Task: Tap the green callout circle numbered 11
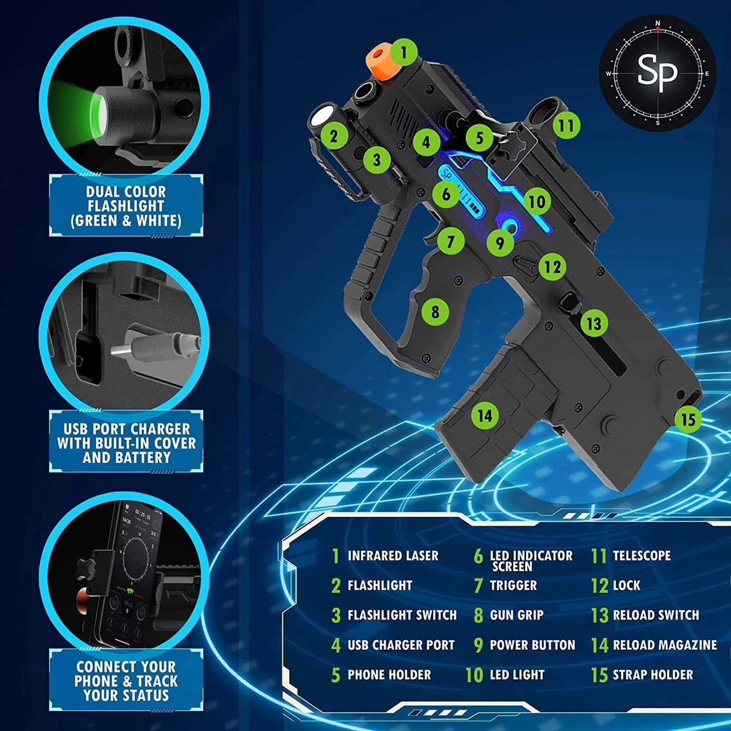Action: click(x=567, y=126)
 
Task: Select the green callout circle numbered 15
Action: click(x=688, y=420)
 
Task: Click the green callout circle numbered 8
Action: click(x=435, y=312)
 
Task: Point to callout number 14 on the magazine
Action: click(x=485, y=415)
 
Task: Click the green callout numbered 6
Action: click(x=446, y=194)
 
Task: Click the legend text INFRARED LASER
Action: click(x=393, y=556)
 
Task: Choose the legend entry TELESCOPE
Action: click(x=641, y=556)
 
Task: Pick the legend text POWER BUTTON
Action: click(x=532, y=645)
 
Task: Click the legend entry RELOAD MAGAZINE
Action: click(x=665, y=645)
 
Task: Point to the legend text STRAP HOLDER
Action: click(x=652, y=674)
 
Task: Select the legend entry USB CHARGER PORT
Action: click(x=401, y=645)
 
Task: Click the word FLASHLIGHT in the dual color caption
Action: click(x=126, y=206)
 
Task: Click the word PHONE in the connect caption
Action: click(x=95, y=681)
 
